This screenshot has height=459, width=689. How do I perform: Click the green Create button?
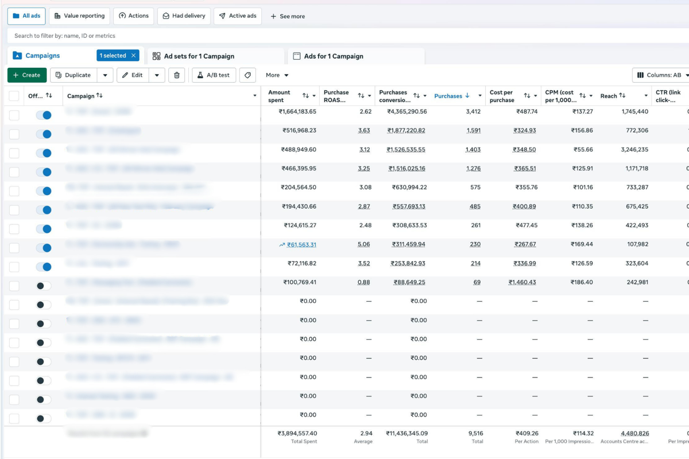click(27, 75)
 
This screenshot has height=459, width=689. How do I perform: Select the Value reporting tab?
click(79, 16)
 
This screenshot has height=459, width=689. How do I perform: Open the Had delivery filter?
click(184, 16)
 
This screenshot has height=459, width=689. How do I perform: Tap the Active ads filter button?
click(238, 16)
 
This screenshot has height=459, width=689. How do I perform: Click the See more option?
click(288, 17)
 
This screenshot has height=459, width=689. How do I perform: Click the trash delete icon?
click(177, 75)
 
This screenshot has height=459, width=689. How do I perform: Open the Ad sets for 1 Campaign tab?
click(199, 56)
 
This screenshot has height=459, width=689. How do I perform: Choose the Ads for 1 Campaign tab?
click(334, 56)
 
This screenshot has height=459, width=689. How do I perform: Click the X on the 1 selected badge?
click(134, 56)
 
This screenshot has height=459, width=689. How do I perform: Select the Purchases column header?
click(448, 96)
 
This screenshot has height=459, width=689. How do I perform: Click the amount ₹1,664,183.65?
click(297, 111)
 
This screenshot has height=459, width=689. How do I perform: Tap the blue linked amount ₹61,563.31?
click(301, 244)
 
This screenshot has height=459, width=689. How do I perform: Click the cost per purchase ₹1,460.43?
click(522, 282)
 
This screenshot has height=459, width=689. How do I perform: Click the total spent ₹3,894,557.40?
click(297, 434)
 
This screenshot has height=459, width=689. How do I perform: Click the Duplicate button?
click(73, 75)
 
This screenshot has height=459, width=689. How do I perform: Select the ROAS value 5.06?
click(364, 244)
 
